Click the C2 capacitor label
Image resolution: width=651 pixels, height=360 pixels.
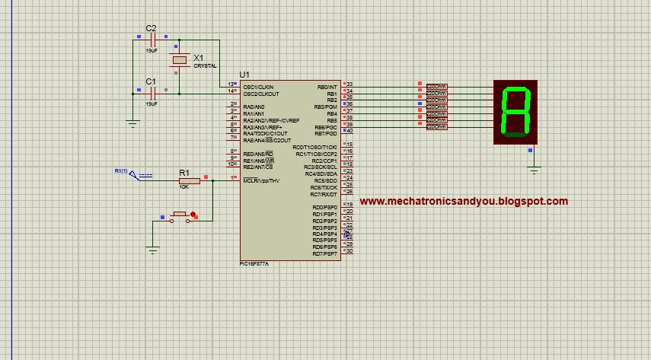[151, 28]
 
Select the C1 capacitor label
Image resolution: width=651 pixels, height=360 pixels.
[151, 81]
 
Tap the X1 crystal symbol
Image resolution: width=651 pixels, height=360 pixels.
[180, 61]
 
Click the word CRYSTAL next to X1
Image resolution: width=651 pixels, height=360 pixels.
[205, 66]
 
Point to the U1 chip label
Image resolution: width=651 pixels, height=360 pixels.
[244, 74]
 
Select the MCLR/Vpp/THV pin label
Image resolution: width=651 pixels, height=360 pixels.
[261, 180]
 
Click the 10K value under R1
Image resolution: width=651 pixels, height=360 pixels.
[183, 186]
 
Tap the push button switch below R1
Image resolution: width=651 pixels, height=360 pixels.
[181, 216]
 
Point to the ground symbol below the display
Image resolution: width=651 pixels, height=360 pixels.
[534, 170]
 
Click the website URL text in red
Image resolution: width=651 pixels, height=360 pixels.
[463, 202]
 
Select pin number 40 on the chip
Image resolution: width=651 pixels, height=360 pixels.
[349, 131]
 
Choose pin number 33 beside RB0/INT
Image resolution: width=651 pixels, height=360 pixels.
[349, 84]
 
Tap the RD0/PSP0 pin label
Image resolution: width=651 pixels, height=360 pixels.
[324, 207]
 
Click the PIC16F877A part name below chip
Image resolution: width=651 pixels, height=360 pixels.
[254, 263]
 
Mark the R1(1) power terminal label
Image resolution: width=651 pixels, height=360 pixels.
[121, 170]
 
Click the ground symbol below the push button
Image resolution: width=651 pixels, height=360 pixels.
[153, 250]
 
